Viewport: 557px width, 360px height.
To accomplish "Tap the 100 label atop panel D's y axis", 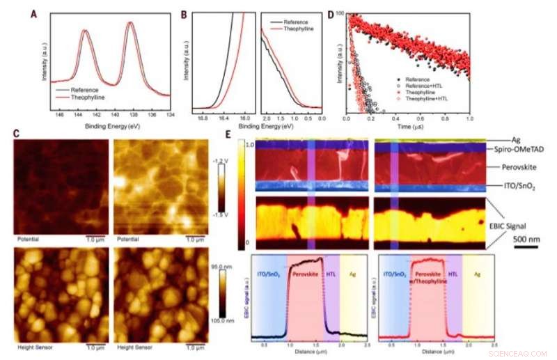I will pos(340,14).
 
